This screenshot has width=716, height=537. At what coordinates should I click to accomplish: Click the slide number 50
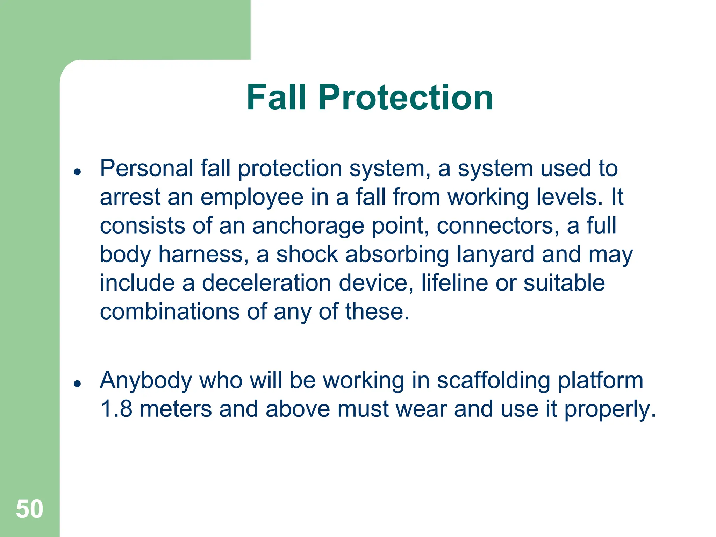pos(30,509)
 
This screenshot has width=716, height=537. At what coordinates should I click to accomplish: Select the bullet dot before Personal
pos(78,172)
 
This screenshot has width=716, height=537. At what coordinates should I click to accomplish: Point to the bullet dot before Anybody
pos(78,384)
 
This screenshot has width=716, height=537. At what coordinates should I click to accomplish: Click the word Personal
pos(146,169)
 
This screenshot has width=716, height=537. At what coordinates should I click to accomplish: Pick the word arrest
pos(130,197)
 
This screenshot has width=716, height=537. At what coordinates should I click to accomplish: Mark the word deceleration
pos(266,283)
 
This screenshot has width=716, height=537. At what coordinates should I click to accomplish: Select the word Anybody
pos(146,381)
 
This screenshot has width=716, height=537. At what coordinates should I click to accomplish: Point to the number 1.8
pos(116,409)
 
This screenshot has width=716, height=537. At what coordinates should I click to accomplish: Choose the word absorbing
pos(397,255)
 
